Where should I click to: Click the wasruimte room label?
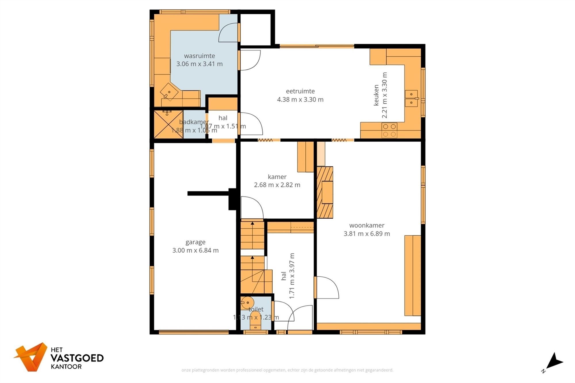click(x=199, y=56)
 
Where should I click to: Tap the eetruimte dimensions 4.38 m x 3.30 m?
click(x=300, y=100)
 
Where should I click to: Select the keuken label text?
click(x=376, y=95)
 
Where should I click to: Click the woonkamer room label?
click(x=367, y=226)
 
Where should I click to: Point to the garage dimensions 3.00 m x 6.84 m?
click(x=195, y=251)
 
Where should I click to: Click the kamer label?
click(x=277, y=177)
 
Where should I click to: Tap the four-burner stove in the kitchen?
click(x=389, y=130)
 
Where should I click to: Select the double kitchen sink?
click(x=411, y=98)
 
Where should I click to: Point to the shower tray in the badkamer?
click(x=168, y=124)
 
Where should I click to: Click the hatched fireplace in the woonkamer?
click(x=325, y=192)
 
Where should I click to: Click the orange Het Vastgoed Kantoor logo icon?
click(x=31, y=356)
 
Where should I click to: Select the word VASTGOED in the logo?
click(x=77, y=358)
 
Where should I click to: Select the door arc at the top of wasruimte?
click(x=228, y=32)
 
